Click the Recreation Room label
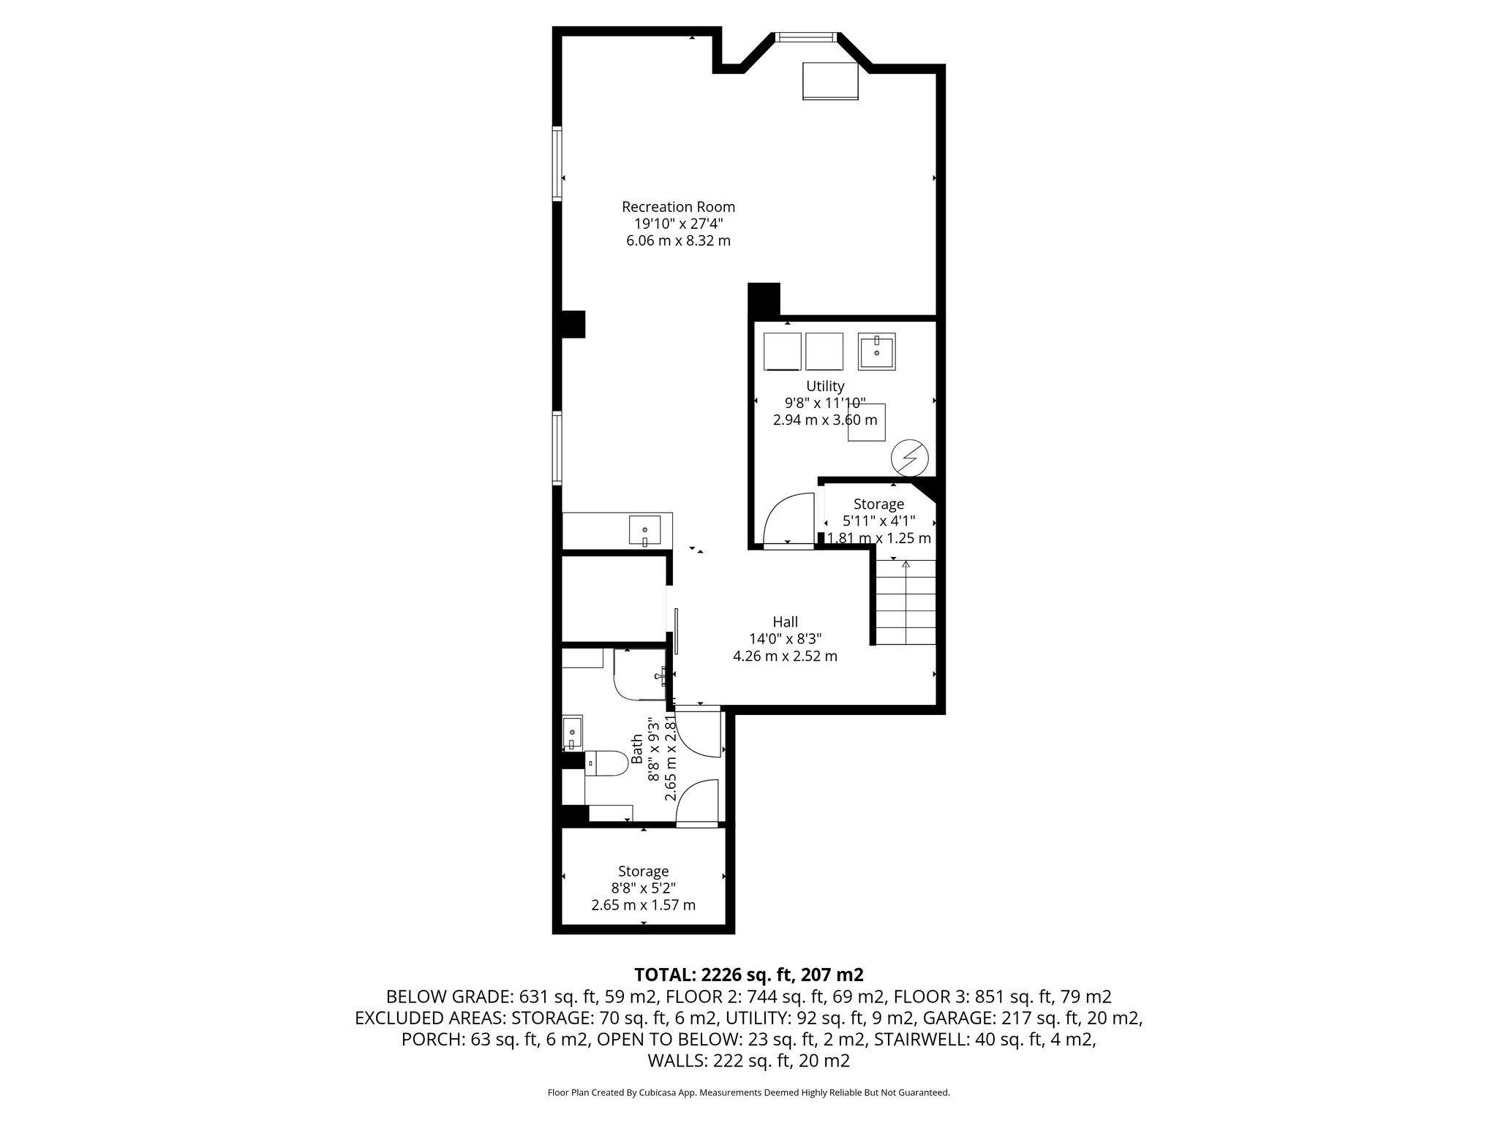(x=678, y=207)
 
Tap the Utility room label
(x=825, y=385)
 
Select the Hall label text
(x=785, y=621)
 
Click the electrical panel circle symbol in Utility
(x=909, y=458)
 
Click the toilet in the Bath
(x=606, y=765)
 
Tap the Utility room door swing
(x=788, y=520)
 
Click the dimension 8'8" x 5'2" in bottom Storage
(x=643, y=888)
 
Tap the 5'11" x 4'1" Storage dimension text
(x=878, y=521)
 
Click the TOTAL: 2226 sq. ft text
(x=749, y=974)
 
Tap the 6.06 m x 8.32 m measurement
(x=678, y=241)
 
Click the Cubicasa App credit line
(x=748, y=1092)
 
